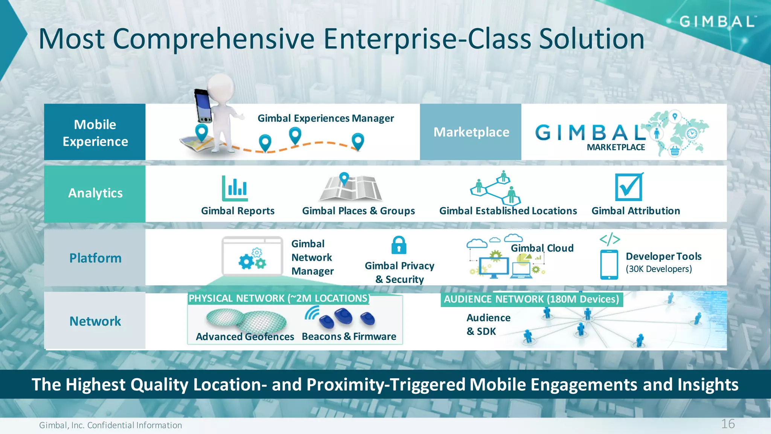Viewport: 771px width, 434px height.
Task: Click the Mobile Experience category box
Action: [x=95, y=132]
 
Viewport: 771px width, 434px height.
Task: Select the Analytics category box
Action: [x=95, y=194]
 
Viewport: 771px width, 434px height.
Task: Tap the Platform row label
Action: [x=95, y=258]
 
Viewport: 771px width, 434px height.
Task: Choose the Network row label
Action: [x=95, y=321]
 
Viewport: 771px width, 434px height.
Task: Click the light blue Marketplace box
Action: [x=471, y=132]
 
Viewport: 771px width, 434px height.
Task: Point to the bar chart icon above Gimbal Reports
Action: [x=235, y=188]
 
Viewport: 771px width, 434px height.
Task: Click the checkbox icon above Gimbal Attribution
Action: [x=629, y=187]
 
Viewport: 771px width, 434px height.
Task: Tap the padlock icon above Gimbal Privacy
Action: [x=399, y=245]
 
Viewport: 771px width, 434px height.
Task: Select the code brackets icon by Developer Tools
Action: [x=609, y=239]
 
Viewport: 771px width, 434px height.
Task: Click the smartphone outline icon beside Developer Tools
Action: [x=609, y=265]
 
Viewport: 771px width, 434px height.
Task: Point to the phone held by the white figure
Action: [x=203, y=106]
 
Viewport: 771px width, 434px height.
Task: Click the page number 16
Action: [x=728, y=424]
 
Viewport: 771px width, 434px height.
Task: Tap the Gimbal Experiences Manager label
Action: [x=326, y=118]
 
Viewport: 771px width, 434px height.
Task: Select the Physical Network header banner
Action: [x=279, y=298]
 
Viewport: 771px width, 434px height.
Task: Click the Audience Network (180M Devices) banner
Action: [x=531, y=299]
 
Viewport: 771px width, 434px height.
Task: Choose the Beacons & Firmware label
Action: [x=349, y=336]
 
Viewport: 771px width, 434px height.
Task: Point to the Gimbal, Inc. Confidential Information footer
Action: [x=110, y=425]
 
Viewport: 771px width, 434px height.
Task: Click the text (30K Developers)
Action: [x=659, y=269]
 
